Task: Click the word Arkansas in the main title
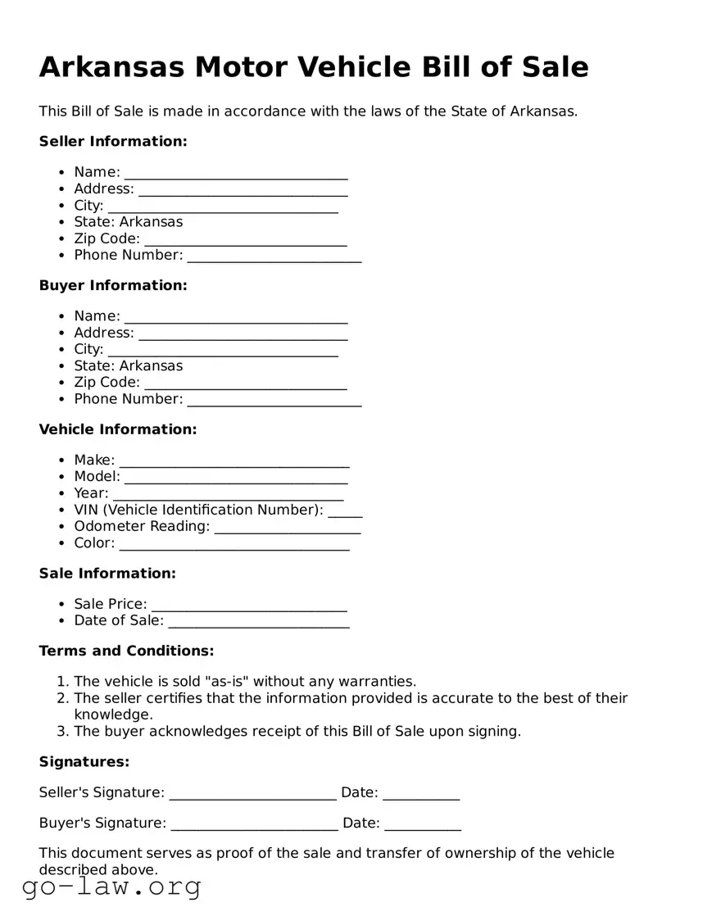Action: click(111, 66)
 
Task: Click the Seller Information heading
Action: click(113, 141)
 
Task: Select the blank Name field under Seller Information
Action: click(236, 173)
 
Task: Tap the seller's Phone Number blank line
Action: click(274, 256)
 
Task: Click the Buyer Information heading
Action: click(113, 285)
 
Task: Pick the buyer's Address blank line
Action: click(243, 333)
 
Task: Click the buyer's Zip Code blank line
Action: click(246, 383)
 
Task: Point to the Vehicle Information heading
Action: click(118, 429)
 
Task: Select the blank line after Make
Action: click(234, 461)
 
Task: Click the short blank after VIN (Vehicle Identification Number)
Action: click(345, 511)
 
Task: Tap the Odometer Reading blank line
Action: click(288, 528)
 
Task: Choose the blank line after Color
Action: click(234, 544)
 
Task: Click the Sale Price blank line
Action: click(249, 605)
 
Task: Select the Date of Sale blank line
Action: click(256, 622)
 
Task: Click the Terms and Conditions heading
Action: click(126, 651)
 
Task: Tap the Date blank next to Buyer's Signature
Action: click(423, 824)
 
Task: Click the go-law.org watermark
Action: click(111, 886)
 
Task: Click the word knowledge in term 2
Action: click(113, 715)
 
